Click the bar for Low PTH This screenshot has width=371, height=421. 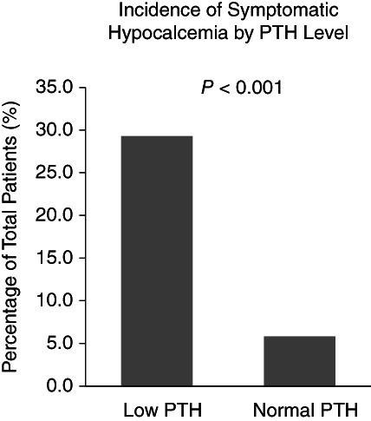point(157,260)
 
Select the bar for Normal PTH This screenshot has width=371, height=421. point(299,360)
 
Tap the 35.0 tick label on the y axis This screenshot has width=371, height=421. point(56,88)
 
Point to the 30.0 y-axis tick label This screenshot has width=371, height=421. point(56,130)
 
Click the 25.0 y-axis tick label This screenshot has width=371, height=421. point(56,173)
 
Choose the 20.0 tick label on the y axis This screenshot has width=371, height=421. point(56,215)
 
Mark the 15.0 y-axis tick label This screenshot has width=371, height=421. point(56,258)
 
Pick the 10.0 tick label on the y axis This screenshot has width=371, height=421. point(56,300)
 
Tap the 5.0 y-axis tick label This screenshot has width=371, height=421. point(61,343)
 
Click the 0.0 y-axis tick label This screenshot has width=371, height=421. point(61,385)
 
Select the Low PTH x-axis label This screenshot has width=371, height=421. point(157,409)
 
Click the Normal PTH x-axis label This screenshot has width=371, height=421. point(299,409)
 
